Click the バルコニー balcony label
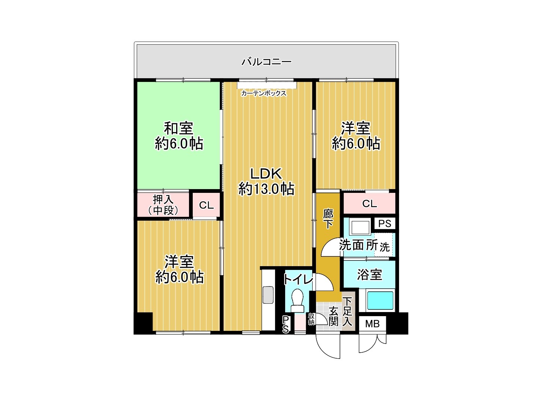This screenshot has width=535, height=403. click(x=266, y=61)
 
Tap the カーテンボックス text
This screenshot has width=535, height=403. click(x=264, y=93)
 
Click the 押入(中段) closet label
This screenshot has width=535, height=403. click(x=163, y=205)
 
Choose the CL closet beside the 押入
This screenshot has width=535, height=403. click(x=206, y=205)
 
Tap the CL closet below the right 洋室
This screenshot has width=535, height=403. click(x=369, y=204)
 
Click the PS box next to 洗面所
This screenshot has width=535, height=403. click(x=385, y=224)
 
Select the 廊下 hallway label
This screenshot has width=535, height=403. click(x=328, y=219)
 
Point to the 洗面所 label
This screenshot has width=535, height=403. click(x=358, y=245)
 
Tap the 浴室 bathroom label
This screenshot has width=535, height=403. click(x=369, y=274)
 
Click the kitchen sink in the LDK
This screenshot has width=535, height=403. click(x=268, y=295)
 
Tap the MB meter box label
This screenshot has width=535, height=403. click(x=372, y=323)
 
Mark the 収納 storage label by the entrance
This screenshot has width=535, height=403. click(x=311, y=319)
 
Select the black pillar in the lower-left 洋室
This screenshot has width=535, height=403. click(x=143, y=323)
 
